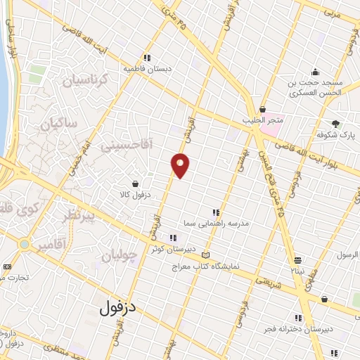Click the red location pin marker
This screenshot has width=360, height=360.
(x=181, y=165)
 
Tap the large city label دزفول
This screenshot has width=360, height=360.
(x=117, y=307)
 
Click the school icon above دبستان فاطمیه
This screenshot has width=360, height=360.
(x=147, y=58)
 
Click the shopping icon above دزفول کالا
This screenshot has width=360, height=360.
(x=144, y=184)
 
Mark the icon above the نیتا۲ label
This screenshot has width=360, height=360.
(x=298, y=259)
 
